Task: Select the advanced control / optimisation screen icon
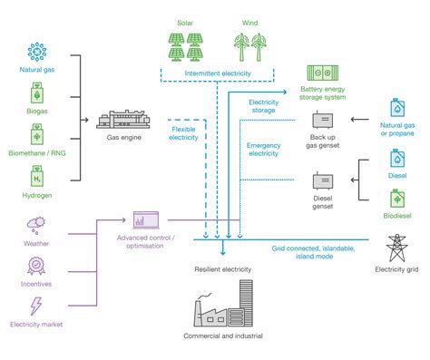146,219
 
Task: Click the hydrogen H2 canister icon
35,179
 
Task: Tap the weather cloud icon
36,223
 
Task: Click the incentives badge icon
36,265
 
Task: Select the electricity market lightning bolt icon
36,306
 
